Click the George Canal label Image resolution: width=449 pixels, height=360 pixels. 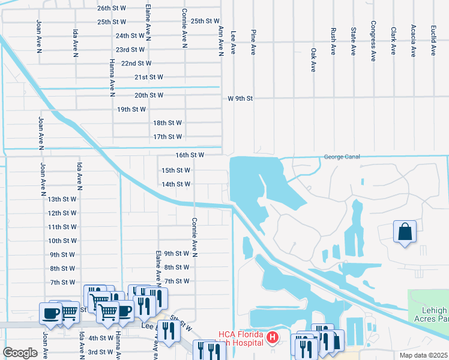point(342,157)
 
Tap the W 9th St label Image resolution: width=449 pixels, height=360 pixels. point(241,98)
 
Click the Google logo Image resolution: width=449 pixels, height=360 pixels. point(20,352)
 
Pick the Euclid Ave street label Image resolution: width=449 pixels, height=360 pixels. point(433,41)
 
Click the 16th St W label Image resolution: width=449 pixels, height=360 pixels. point(190,155)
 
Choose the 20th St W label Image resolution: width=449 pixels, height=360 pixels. point(149,95)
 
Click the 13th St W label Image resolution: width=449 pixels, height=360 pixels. point(62,199)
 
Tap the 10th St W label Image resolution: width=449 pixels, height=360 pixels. point(62,241)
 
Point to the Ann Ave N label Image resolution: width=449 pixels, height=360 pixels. point(221,41)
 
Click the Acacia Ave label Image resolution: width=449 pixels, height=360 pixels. point(413,41)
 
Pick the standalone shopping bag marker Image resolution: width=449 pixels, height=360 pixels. point(405,232)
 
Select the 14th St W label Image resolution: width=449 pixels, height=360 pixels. point(176,184)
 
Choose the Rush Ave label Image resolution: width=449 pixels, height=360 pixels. point(333,41)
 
